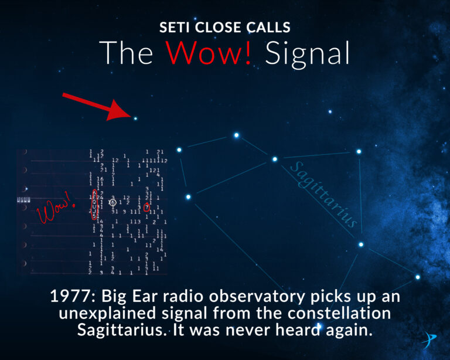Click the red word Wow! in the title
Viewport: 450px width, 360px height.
click(210, 53)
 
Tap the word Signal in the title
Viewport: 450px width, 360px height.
click(307, 53)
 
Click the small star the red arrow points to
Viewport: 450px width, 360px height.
click(135, 118)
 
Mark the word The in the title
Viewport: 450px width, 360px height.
click(127, 53)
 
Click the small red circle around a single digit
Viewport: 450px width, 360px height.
click(147, 207)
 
